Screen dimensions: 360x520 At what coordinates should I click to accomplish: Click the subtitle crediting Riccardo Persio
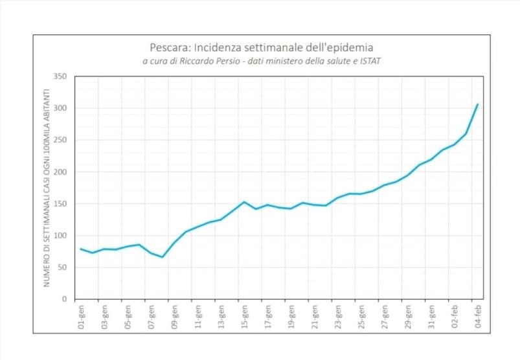261,62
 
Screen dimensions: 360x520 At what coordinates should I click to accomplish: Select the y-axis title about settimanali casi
47,188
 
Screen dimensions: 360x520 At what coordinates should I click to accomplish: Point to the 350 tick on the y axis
60,76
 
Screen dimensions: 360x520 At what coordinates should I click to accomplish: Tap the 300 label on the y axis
60,108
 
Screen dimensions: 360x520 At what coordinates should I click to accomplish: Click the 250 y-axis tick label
60,140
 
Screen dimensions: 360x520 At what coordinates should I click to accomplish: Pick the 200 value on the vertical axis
60,172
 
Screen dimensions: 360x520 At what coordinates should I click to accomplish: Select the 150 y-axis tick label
60,204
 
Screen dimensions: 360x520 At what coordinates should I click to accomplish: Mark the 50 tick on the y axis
62,267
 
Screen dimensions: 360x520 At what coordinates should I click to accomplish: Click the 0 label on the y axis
64,299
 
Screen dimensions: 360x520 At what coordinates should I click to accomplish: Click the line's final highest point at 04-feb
478,104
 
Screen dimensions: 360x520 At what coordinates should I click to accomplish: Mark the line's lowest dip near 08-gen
163,257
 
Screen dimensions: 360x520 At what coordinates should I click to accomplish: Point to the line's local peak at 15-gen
244,202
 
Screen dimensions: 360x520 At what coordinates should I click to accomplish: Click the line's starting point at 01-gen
81,249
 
